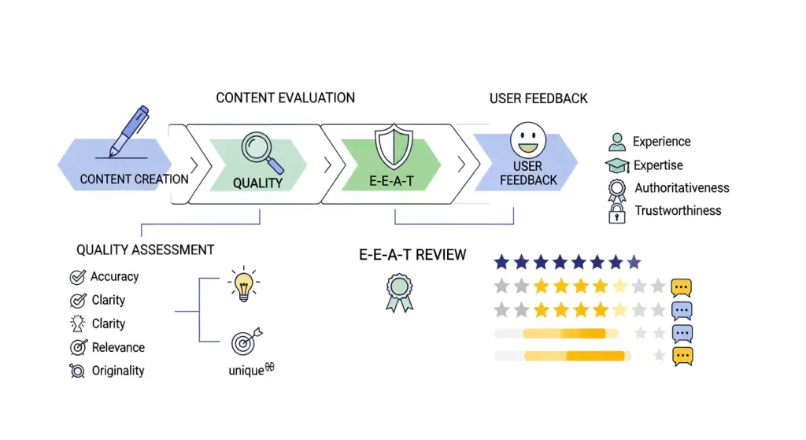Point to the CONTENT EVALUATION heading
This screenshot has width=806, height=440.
(285, 98)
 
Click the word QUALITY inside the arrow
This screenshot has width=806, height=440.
(257, 183)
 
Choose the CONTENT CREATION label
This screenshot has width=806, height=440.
(135, 179)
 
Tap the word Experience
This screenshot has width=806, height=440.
(661, 142)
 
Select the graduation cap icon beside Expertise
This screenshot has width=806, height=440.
(617, 166)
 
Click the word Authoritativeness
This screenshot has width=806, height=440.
(682, 188)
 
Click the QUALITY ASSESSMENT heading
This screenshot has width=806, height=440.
(145, 250)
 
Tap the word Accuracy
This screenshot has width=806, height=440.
(114, 277)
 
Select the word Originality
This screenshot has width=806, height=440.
(118, 371)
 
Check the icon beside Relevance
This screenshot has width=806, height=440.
(78, 347)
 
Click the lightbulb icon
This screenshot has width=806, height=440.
(242, 283)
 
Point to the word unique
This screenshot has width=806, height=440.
(246, 371)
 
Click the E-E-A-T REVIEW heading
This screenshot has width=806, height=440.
(412, 255)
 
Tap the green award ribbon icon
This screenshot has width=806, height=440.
(399, 291)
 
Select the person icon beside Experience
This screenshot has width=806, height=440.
(617, 142)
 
